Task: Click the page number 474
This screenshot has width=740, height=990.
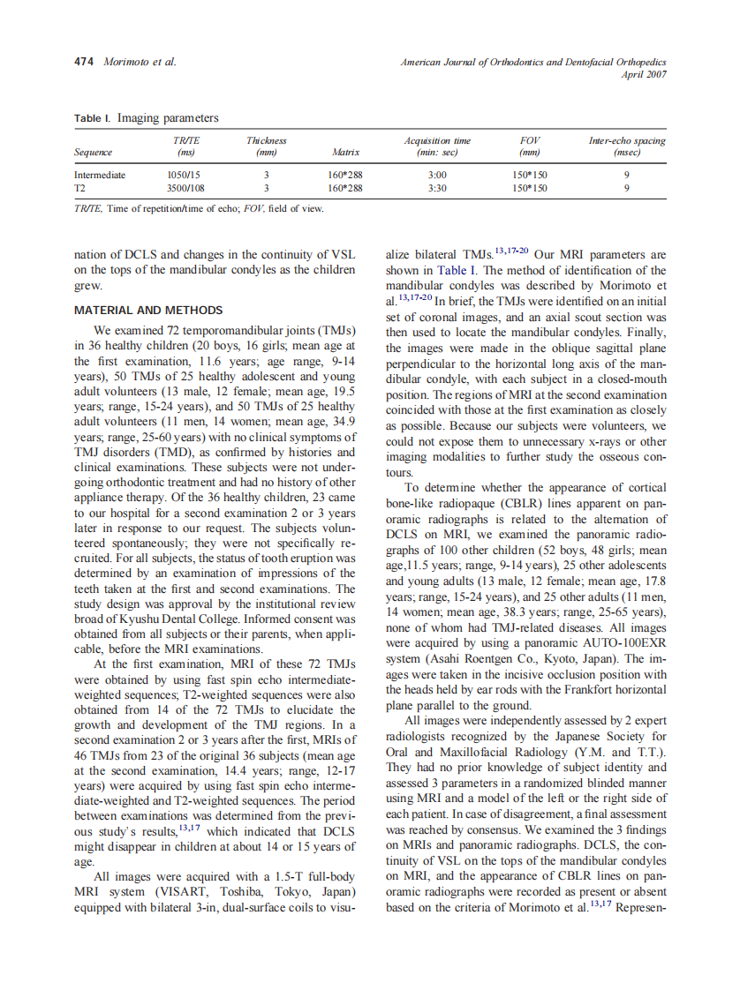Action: click(x=85, y=62)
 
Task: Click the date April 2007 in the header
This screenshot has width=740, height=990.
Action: click(x=644, y=74)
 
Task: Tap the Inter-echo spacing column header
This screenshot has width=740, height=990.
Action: click(x=627, y=146)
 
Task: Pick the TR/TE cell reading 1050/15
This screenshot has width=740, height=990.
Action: click(x=184, y=175)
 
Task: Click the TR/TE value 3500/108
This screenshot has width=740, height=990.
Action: click(x=185, y=188)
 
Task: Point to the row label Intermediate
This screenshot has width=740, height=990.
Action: click(x=100, y=175)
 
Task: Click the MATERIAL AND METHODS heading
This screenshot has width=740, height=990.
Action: click(x=148, y=311)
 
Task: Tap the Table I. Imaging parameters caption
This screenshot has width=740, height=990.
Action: click(x=146, y=118)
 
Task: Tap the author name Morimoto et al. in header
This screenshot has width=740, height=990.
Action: click(x=140, y=62)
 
